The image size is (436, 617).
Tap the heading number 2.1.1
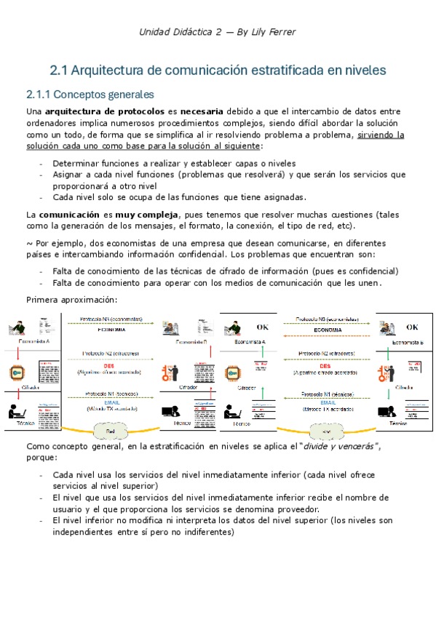39,95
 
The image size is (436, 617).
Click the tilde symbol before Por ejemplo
29,243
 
